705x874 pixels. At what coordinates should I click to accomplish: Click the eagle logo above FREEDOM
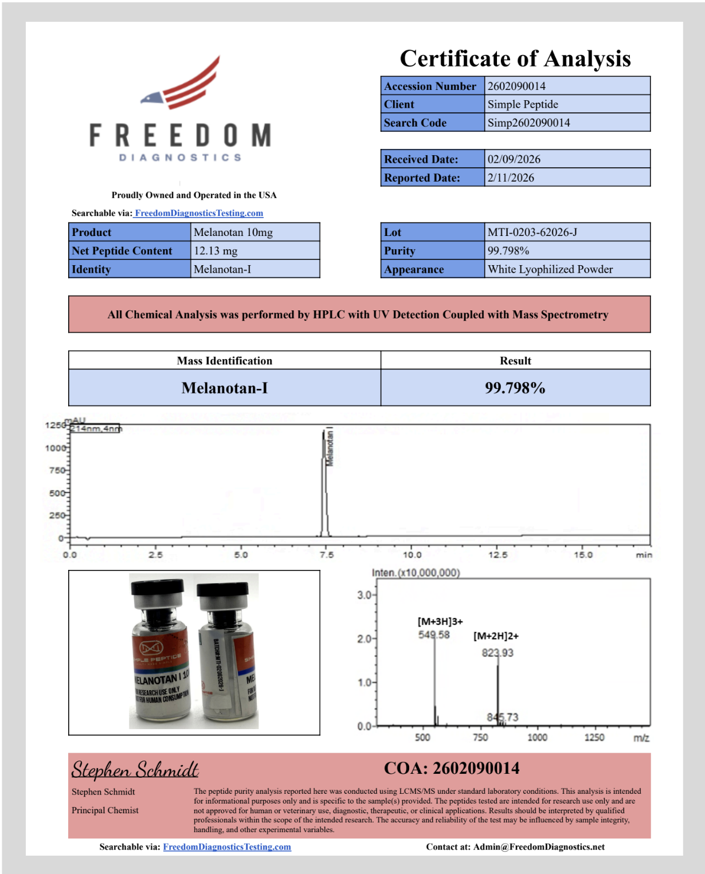pos(182,86)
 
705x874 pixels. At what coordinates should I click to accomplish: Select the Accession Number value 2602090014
pos(516,86)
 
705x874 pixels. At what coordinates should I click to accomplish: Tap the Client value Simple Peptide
pos(522,104)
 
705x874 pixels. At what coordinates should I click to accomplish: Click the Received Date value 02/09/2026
pos(514,159)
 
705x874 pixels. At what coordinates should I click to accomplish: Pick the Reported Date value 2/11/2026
pos(510,178)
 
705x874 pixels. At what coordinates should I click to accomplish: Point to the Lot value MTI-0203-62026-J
pos(532,233)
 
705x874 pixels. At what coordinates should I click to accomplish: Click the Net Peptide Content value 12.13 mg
pos(216,251)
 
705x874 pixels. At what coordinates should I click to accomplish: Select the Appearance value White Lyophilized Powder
pos(550,269)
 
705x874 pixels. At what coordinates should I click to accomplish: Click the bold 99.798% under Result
pos(515,388)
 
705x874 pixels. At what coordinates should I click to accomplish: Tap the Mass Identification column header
pos(224,361)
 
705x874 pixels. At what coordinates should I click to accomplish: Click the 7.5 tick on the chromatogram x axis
pos(326,554)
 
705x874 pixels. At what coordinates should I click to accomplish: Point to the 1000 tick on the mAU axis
pos(56,448)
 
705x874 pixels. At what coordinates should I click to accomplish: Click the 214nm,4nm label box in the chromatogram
pos(95,428)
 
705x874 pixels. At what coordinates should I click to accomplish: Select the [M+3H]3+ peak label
pos(440,621)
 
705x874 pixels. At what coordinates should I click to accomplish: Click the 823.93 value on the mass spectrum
pos(497,653)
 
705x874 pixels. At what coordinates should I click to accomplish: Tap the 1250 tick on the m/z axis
pos(594,737)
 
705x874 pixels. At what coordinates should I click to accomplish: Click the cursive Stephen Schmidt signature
pos(135,769)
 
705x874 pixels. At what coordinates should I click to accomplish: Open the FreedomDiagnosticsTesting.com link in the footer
pos(227,847)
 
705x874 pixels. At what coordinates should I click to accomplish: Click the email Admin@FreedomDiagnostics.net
pos(538,847)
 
